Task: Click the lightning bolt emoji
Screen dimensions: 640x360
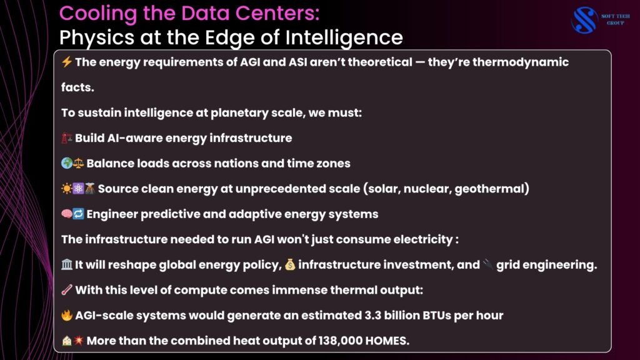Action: click(66, 62)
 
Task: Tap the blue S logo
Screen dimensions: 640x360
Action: click(584, 19)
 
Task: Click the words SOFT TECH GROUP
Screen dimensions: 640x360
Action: click(615, 19)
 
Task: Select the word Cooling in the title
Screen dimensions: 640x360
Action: click(98, 14)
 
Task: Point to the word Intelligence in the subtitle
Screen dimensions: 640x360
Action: click(344, 38)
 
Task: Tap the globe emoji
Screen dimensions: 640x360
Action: click(66, 163)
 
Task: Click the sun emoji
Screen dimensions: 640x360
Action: click(66, 189)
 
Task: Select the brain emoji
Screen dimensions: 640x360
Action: click(66, 214)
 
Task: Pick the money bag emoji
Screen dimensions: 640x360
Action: click(290, 264)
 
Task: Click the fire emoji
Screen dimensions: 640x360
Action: click(66, 315)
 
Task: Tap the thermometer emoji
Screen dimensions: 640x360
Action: click(66, 290)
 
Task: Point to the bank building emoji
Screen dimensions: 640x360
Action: click(66, 264)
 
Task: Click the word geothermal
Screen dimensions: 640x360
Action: click(491, 189)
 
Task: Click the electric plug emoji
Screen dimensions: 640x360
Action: click(487, 264)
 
